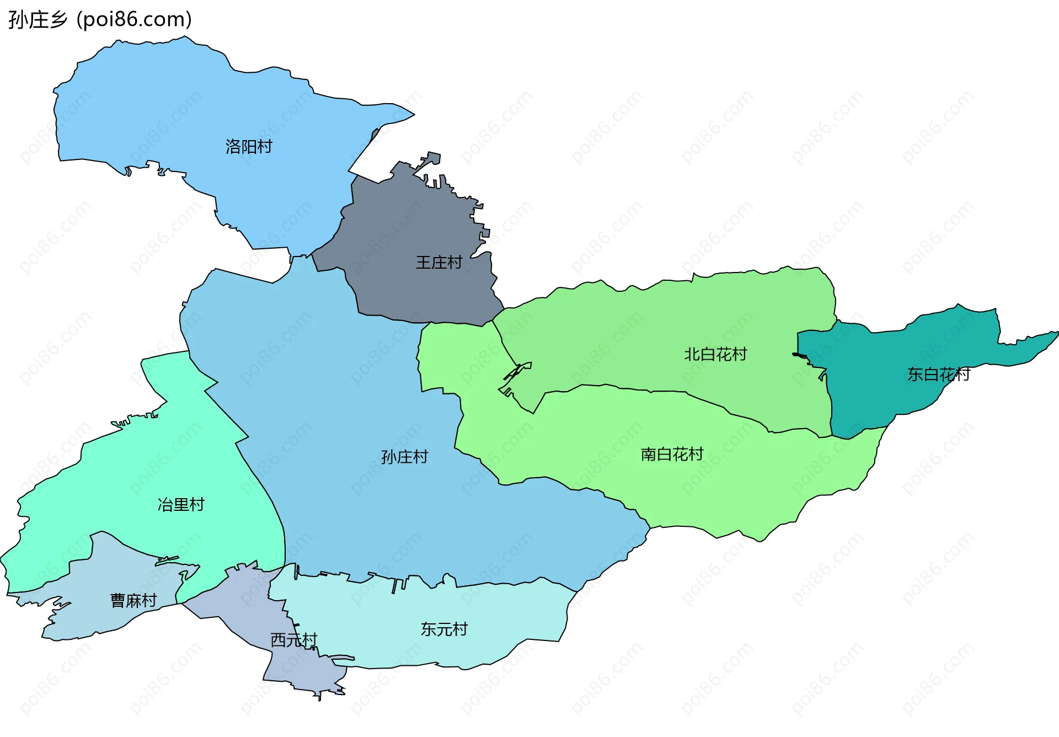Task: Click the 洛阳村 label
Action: pyautogui.click(x=249, y=147)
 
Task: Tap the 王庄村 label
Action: pyautogui.click(x=438, y=263)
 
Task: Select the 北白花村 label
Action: pyautogui.click(x=715, y=354)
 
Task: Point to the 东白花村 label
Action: pyautogui.click(x=938, y=375)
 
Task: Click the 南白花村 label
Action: pyautogui.click(x=672, y=454)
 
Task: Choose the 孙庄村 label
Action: pyautogui.click(x=404, y=457)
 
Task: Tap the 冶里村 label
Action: pyautogui.click(x=181, y=504)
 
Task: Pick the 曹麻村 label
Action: pyautogui.click(x=133, y=600)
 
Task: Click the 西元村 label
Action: pyautogui.click(x=293, y=640)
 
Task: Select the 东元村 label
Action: pyautogui.click(x=444, y=629)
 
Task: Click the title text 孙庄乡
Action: pyautogui.click(x=38, y=20)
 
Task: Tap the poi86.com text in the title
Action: pyautogui.click(x=134, y=20)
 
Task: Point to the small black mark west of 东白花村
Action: pyautogui.click(x=799, y=355)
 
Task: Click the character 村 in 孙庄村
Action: pyautogui.click(x=420, y=457)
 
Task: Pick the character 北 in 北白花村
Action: pyautogui.click(x=692, y=354)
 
